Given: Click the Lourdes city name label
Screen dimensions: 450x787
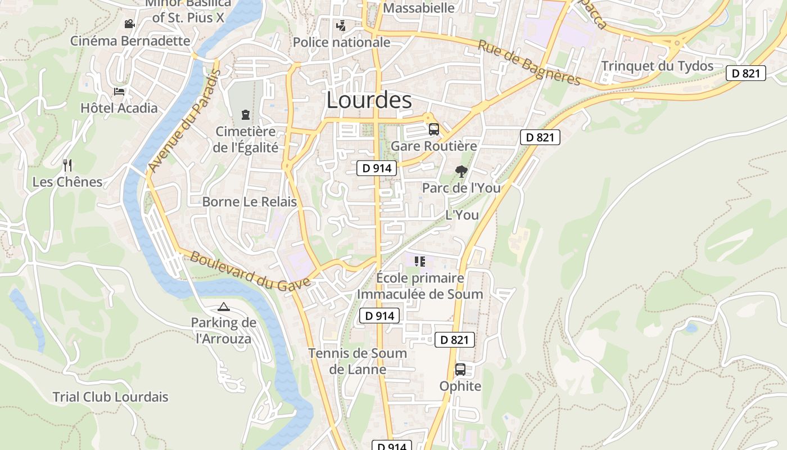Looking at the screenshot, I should coord(369,101).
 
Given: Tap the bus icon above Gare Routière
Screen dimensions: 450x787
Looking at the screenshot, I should coord(433,129).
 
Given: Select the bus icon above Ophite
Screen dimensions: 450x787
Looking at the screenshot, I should coord(460,370).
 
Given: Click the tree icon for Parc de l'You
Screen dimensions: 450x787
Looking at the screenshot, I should coord(461,171).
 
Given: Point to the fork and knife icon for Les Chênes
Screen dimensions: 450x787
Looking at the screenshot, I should coord(67,165).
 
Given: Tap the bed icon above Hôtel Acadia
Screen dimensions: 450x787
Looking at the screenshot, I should coord(119,92).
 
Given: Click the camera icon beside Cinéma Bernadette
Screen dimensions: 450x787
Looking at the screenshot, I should coord(130,24).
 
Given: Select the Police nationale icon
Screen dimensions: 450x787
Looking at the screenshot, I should coord(340,25).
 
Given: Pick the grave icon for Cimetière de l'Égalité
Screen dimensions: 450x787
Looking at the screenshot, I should coord(245,115).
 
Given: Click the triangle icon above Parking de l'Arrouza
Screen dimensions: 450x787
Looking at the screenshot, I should coord(224,307).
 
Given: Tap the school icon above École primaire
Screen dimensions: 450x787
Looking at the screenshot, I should coord(419,261).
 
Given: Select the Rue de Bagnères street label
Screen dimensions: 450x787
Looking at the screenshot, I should coord(528,62).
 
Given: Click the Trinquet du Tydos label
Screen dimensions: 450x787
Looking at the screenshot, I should coord(657,66).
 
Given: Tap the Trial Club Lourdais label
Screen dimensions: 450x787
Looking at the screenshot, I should coord(110,397).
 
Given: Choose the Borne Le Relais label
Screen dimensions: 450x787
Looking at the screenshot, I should coord(249,202).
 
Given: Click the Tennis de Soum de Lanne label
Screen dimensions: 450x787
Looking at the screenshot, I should coord(358,361).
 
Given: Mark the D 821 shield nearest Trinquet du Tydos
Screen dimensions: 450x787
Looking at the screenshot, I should coord(745,73).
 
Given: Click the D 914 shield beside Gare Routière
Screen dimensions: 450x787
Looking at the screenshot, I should coord(377,168).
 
